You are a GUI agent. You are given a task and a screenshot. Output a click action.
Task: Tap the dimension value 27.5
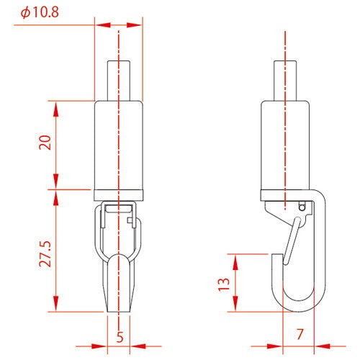[x=45, y=249]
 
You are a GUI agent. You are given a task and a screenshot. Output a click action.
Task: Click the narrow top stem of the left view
[x=119, y=79]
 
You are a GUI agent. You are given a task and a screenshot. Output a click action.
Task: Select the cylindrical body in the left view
[x=119, y=144]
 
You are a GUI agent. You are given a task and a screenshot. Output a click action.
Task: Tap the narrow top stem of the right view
[x=286, y=79]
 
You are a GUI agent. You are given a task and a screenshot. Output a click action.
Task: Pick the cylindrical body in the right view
[x=286, y=144]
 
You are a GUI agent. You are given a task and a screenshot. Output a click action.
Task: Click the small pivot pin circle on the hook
[x=302, y=207]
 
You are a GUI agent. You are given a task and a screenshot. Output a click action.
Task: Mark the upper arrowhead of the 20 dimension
[x=56, y=105]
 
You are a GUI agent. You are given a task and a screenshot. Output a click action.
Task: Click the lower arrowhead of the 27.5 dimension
[x=56, y=307]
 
